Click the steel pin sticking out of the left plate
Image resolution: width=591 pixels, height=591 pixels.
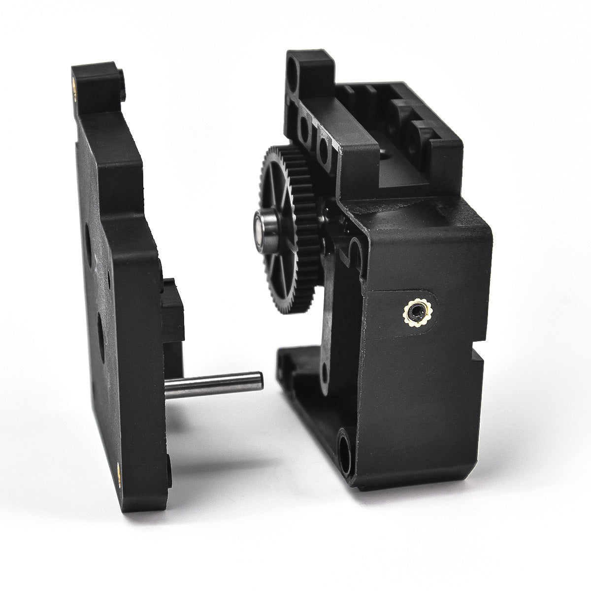point(212,384)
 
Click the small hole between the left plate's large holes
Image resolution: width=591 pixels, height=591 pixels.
point(108,286)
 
